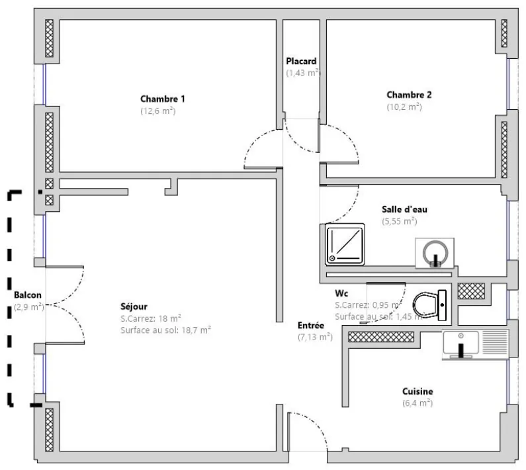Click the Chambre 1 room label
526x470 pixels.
[162, 99]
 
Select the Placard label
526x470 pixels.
[301, 61]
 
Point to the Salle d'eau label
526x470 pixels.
[400, 209]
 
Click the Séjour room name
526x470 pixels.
[134, 306]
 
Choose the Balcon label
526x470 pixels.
[28, 295]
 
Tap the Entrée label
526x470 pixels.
[310, 325]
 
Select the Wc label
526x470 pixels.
[341, 293]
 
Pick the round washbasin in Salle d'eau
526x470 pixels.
[434, 252]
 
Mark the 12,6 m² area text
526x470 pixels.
[157, 111]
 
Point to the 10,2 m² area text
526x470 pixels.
[404, 107]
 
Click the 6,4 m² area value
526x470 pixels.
[417, 402]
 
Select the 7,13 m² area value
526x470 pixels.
[315, 337]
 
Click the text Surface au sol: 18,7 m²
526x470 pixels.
[165, 329]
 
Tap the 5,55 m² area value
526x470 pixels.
[400, 222]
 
